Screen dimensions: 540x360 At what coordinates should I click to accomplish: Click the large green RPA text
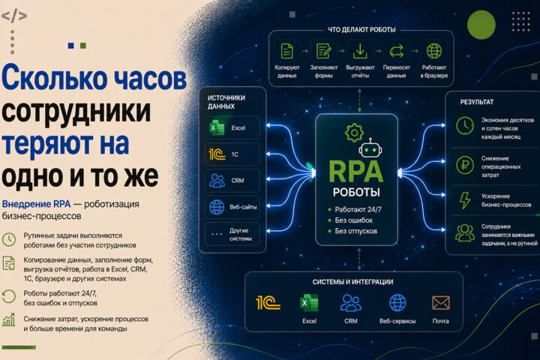pyautogui.click(x=356, y=171)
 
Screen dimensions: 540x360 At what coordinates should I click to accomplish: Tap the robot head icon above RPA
pyautogui.click(x=370, y=148)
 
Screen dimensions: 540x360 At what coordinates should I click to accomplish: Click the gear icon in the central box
pyautogui.click(x=354, y=132)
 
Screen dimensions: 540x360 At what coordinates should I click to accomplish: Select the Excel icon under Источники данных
pyautogui.click(x=217, y=127)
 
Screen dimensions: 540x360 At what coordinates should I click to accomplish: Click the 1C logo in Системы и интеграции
pyautogui.click(x=268, y=303)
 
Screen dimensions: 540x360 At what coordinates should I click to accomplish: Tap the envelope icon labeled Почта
pyautogui.click(x=440, y=303)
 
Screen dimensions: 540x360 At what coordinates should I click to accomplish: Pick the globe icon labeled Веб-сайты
pyautogui.click(x=217, y=207)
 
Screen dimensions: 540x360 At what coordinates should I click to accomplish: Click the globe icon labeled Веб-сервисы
pyautogui.click(x=397, y=303)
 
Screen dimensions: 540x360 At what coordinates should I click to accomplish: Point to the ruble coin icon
pyautogui.click(x=465, y=165)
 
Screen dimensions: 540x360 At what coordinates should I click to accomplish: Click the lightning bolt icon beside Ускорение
pyautogui.click(x=465, y=200)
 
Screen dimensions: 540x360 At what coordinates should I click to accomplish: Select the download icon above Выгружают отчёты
pyautogui.click(x=360, y=51)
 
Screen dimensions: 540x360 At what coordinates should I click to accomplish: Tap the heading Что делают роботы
pyautogui.click(x=361, y=30)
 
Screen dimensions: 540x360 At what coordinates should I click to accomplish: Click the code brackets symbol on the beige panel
pyautogui.click(x=14, y=16)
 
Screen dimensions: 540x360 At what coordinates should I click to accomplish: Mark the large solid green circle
pyautogui.click(x=481, y=25)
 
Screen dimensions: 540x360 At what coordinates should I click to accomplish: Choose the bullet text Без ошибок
pyautogui.click(x=354, y=220)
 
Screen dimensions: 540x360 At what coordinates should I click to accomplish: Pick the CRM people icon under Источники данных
pyautogui.click(x=217, y=181)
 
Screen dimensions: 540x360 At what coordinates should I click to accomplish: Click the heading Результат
pyautogui.click(x=477, y=102)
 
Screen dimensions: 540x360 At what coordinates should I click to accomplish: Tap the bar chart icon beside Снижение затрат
pyautogui.click(x=9, y=319)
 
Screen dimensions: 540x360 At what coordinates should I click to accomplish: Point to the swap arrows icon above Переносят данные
pyautogui.click(x=396, y=51)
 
